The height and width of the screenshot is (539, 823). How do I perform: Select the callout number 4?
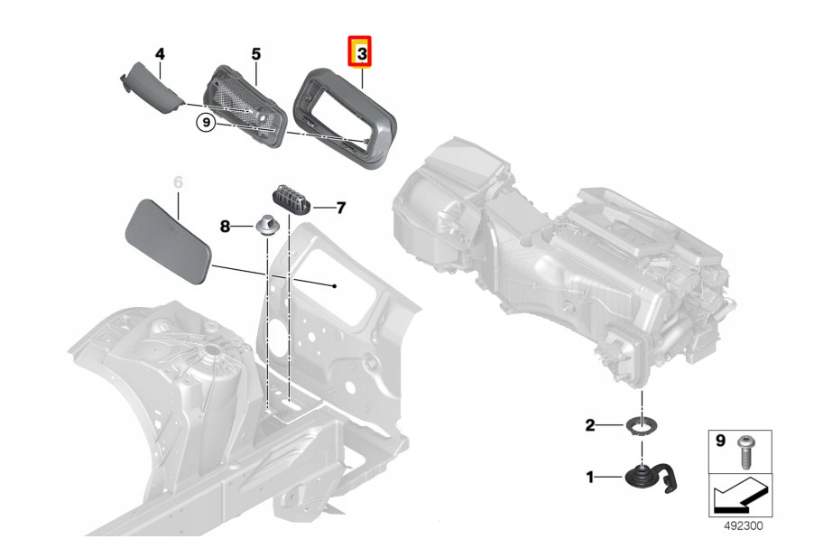(160, 54)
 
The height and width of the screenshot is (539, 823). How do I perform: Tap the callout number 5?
(255, 54)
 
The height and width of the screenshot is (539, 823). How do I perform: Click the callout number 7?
(341, 209)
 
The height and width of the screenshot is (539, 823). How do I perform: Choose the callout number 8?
(226, 225)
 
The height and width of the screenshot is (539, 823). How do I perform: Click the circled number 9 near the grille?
(206, 123)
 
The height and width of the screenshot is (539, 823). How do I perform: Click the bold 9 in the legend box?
(720, 441)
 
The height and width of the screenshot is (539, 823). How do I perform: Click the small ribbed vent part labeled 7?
(291, 200)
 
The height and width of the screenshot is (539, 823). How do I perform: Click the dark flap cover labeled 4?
(153, 88)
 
